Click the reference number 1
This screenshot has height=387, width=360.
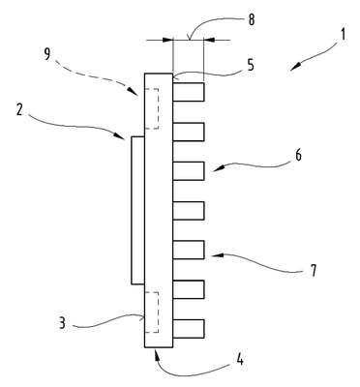pyautogui.click(x=344, y=34)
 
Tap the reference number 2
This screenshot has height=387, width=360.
pyautogui.click(x=19, y=110)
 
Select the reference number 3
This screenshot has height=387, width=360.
pyautogui.click(x=62, y=323)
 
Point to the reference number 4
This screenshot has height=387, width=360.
pyautogui.click(x=240, y=359)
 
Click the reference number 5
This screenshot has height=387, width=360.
pyautogui.click(x=251, y=65)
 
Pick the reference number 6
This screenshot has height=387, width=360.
pyautogui.click(x=298, y=156)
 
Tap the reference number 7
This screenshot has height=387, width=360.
pyautogui.click(x=313, y=270)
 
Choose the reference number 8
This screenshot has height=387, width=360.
pyautogui.click(x=252, y=19)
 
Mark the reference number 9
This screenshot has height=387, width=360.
pyautogui.click(x=47, y=54)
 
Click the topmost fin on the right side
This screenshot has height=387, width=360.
pyautogui.click(x=189, y=92)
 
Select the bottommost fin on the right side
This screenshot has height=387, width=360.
pyautogui.click(x=189, y=329)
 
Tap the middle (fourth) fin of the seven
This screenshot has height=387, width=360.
pyautogui.click(x=189, y=211)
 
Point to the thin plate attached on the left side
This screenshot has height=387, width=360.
pyautogui.click(x=137, y=211)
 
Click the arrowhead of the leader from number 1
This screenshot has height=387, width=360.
pyautogui.click(x=294, y=68)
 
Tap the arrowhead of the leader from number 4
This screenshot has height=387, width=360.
pyautogui.click(x=156, y=355)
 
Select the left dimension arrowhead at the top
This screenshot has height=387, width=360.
pyautogui.click(x=168, y=41)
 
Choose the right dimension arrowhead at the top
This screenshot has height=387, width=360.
pyautogui.click(x=209, y=41)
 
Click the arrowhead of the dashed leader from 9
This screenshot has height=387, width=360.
pyautogui.click(x=135, y=93)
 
